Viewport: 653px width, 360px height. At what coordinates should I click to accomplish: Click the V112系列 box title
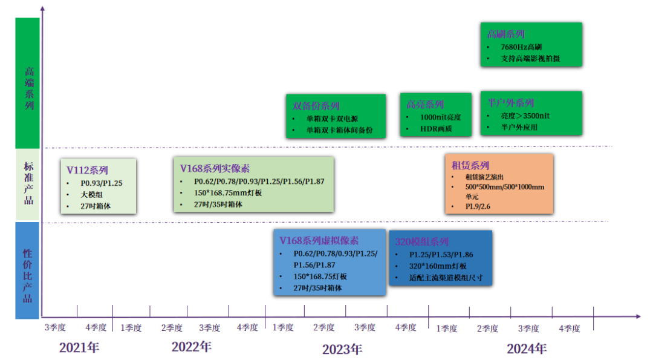click(87, 170)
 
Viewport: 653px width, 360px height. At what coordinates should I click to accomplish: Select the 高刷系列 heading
click(506, 34)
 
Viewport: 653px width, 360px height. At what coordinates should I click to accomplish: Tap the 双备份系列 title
click(316, 106)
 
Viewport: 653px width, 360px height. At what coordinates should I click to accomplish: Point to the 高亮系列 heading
click(425, 105)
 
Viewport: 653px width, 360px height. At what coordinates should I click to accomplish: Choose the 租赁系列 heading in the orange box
click(470, 165)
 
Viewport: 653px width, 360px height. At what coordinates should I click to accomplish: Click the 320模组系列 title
click(422, 241)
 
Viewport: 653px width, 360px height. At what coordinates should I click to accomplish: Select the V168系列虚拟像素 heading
click(319, 240)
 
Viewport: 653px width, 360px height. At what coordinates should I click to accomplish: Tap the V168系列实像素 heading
click(215, 168)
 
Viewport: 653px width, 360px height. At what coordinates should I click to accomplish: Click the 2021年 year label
click(79, 348)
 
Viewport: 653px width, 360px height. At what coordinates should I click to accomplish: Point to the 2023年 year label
click(342, 349)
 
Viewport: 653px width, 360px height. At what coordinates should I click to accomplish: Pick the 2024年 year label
click(527, 349)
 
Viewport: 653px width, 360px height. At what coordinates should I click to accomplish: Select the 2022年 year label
click(192, 347)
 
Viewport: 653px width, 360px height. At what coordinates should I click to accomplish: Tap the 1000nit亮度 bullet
click(441, 117)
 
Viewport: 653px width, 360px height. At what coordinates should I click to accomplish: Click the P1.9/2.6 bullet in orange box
click(478, 206)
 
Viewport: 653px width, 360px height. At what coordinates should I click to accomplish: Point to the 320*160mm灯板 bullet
click(438, 266)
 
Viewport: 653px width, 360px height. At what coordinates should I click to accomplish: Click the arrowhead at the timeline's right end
click(637, 316)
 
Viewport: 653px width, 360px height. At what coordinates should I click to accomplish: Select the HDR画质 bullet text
click(437, 128)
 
